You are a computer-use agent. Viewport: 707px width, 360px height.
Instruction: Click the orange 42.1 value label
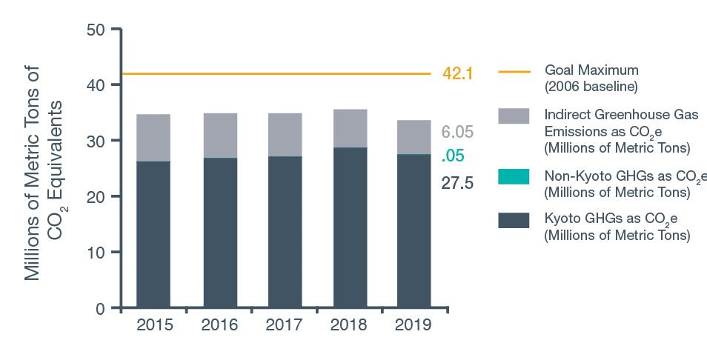click(457, 73)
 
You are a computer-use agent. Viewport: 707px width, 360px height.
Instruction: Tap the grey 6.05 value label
click(457, 133)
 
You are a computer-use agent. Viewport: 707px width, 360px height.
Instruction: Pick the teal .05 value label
click(452, 156)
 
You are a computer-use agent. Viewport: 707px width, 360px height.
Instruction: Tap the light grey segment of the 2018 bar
click(350, 128)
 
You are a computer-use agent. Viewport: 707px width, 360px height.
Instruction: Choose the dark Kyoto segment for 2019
click(414, 230)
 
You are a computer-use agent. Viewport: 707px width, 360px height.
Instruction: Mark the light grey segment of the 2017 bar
click(285, 135)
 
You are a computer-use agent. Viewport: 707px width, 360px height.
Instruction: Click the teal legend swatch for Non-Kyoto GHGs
click(514, 176)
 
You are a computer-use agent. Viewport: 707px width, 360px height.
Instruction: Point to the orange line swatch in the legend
click(514, 73)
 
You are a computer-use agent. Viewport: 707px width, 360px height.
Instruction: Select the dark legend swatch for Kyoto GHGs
click(514, 220)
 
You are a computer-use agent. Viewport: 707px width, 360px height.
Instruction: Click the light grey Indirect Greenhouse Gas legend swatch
click(514, 116)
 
